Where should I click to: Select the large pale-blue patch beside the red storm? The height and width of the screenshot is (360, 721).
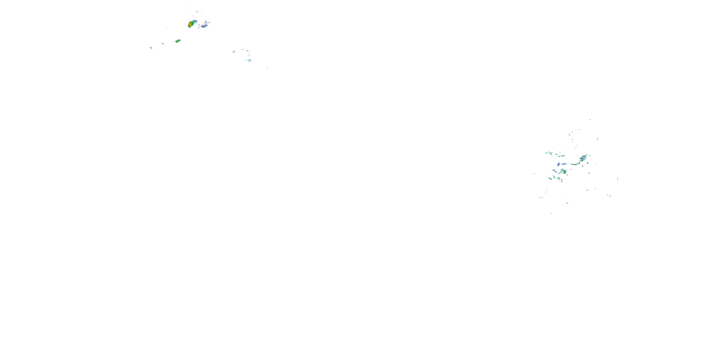(204, 26)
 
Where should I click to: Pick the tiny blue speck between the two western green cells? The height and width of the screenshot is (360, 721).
(163, 44)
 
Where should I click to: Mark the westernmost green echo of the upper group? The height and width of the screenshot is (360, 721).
(151, 48)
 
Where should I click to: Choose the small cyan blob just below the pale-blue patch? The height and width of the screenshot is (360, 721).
(199, 28)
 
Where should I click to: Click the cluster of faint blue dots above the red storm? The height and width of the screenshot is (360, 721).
(198, 12)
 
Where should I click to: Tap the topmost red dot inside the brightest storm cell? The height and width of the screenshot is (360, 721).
(191, 23)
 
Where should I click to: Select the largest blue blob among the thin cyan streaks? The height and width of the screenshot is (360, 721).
(249, 60)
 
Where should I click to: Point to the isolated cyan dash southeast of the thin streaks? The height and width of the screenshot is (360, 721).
(267, 68)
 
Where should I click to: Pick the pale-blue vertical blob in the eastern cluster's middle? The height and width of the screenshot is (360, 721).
(558, 164)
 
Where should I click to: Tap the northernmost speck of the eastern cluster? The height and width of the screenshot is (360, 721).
(590, 120)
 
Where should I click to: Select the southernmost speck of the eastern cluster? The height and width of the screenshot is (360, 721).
(551, 214)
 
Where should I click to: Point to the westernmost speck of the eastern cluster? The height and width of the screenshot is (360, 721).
(534, 174)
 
